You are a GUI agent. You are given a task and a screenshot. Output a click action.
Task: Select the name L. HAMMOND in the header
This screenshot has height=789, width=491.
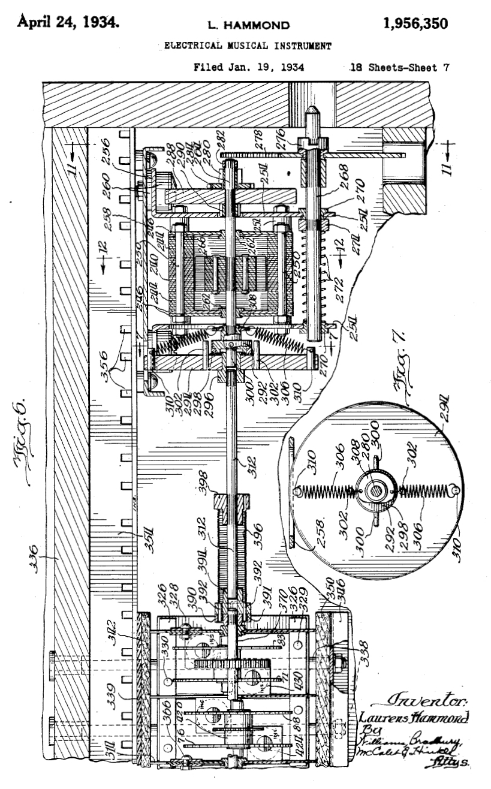coord(248,26)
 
